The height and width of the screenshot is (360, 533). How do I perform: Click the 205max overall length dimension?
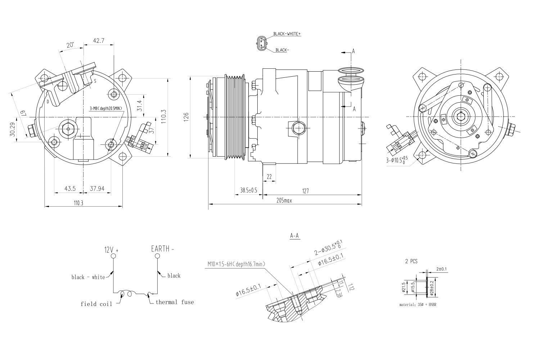[284, 201]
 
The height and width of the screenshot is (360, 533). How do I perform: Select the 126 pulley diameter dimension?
[186, 117]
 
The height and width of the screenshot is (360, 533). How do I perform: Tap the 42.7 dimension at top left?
[98, 41]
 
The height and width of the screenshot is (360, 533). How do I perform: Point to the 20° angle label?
[70, 45]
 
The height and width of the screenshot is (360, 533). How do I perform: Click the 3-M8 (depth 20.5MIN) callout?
[106, 108]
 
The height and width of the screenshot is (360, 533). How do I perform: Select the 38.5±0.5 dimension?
[249, 190]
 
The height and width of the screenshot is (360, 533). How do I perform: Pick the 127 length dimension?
[305, 191]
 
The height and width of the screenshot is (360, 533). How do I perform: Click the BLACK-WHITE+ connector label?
[286, 34]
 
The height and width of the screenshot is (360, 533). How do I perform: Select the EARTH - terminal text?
[162, 249]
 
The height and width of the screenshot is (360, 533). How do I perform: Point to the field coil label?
[96, 304]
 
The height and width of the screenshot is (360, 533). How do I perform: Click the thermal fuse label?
[175, 302]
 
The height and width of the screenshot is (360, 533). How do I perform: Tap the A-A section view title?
[294, 236]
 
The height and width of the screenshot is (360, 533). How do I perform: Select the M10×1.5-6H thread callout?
[236, 264]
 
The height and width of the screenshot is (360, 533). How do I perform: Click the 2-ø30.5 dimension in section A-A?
[328, 248]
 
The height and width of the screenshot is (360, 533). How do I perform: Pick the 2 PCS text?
[411, 262]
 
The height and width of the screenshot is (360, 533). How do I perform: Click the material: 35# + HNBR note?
[418, 305]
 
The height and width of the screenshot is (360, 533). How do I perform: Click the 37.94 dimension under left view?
[97, 189]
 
